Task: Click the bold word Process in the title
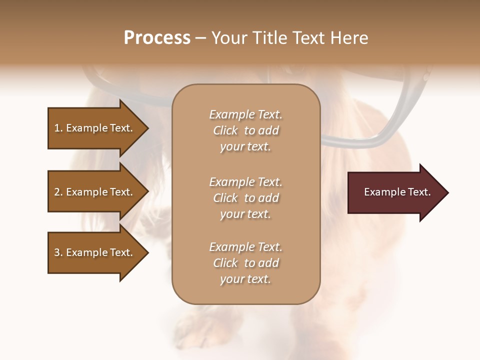(157, 38)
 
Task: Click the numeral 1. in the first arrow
(58, 128)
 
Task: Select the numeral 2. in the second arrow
(58, 192)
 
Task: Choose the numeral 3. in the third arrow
(58, 252)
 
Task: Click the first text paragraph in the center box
(245, 130)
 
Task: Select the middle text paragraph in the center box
(245, 198)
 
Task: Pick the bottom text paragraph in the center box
(245, 263)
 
